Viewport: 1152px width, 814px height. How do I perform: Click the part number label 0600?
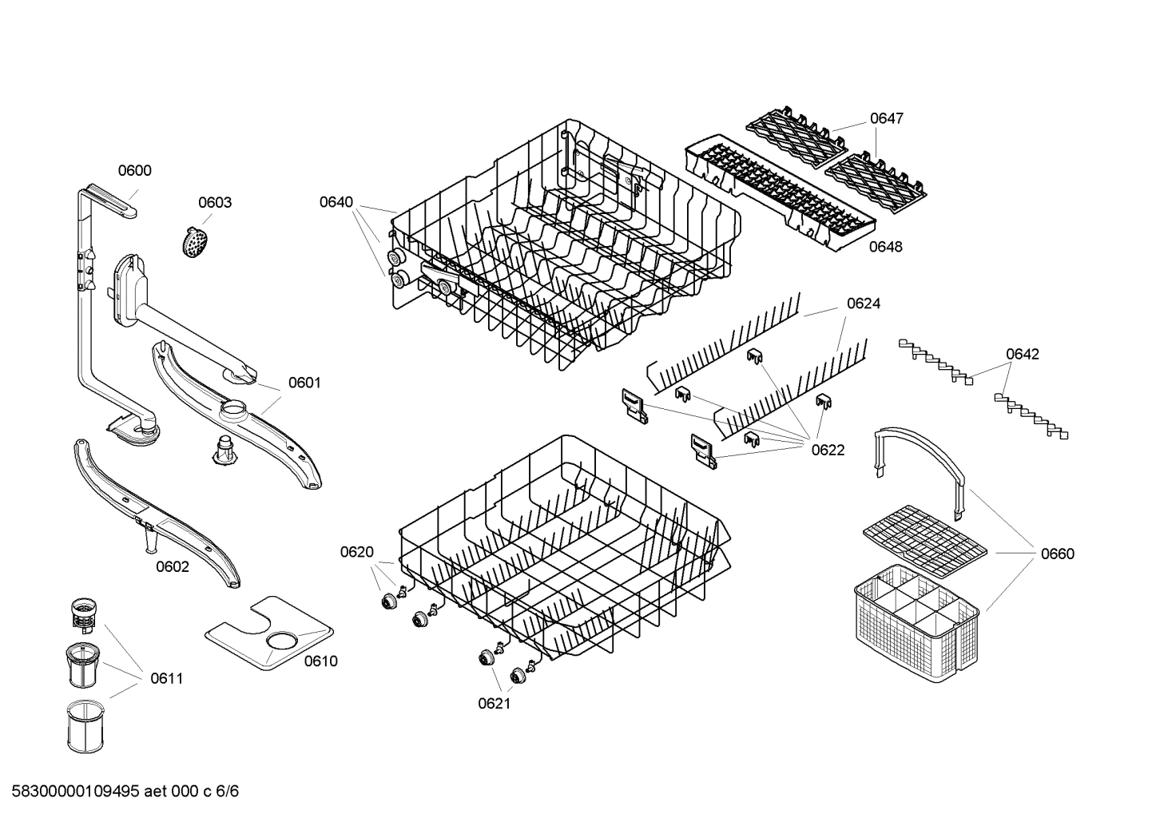pos(134,170)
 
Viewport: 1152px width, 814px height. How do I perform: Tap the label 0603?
pos(215,202)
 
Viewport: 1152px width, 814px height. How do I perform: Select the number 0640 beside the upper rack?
pos(336,202)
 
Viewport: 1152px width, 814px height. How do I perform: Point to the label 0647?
pos(887,118)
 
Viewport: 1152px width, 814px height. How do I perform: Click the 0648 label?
pos(885,247)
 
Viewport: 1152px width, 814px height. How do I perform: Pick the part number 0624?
pos(864,304)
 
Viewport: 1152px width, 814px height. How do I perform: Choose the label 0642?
pos(1023,354)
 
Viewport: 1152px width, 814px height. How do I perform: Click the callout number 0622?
pos(828,450)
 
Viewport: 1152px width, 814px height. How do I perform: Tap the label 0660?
pos(1058,554)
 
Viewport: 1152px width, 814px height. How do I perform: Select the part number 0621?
pos(495,703)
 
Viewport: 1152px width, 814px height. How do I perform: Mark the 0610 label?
pos(320,661)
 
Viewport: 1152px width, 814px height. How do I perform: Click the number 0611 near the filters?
pos(166,679)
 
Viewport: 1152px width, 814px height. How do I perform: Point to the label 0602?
pos(173,566)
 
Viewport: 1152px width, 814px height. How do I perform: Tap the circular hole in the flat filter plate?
pos(280,640)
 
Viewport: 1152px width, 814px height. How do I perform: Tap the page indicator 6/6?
pos(228,792)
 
